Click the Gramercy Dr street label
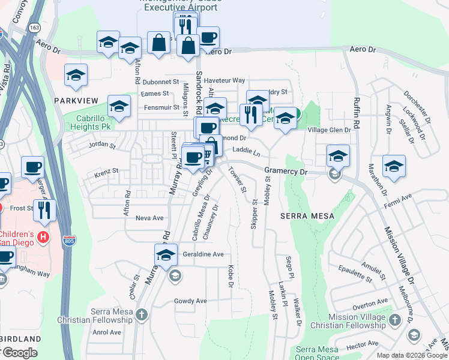point(286,172)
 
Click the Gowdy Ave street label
point(190,301)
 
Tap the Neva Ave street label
point(149,218)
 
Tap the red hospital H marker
point(43,237)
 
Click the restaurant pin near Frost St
point(44,210)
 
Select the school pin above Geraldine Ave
point(166,254)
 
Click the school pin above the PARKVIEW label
point(76,75)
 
